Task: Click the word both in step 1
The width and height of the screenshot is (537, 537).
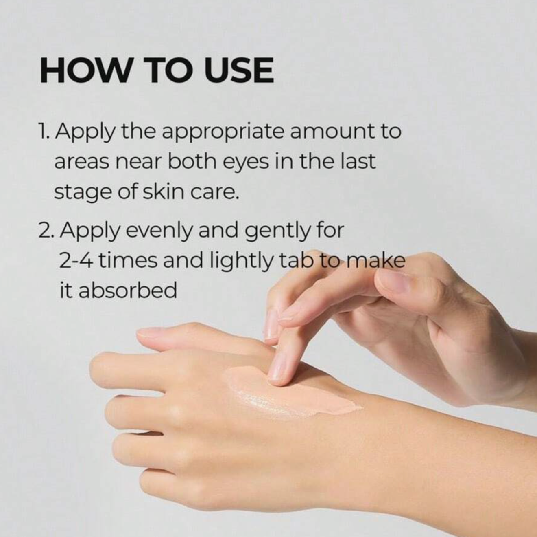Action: (192, 162)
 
